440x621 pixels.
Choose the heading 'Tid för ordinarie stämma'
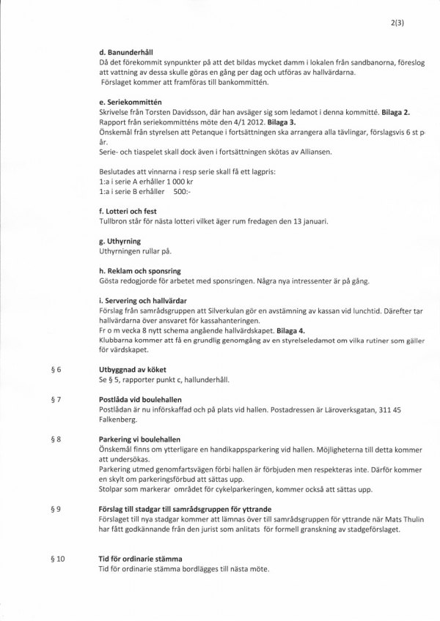[140, 559]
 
